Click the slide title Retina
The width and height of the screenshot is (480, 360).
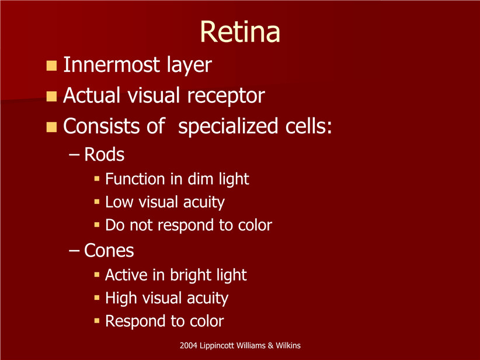[241, 32]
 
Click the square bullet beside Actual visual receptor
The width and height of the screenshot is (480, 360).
[51, 96]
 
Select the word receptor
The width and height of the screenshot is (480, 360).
[226, 96]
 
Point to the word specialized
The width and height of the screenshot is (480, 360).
[228, 126]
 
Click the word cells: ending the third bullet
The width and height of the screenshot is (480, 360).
[308, 126]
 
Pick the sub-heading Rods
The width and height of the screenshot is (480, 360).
[104, 154]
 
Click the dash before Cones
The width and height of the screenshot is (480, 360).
[74, 250]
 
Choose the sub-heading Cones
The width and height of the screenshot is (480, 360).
[109, 250]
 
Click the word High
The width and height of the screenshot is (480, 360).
[121, 298]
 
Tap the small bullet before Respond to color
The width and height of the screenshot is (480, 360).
[97, 321]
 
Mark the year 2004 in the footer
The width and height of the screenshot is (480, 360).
[188, 345]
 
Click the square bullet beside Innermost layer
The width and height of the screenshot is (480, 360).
[51, 65]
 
